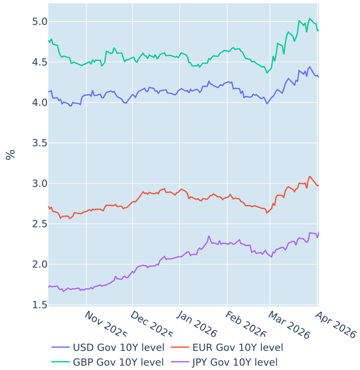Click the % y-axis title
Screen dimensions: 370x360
point(10,154)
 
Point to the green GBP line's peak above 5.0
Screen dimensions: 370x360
point(310,18)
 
